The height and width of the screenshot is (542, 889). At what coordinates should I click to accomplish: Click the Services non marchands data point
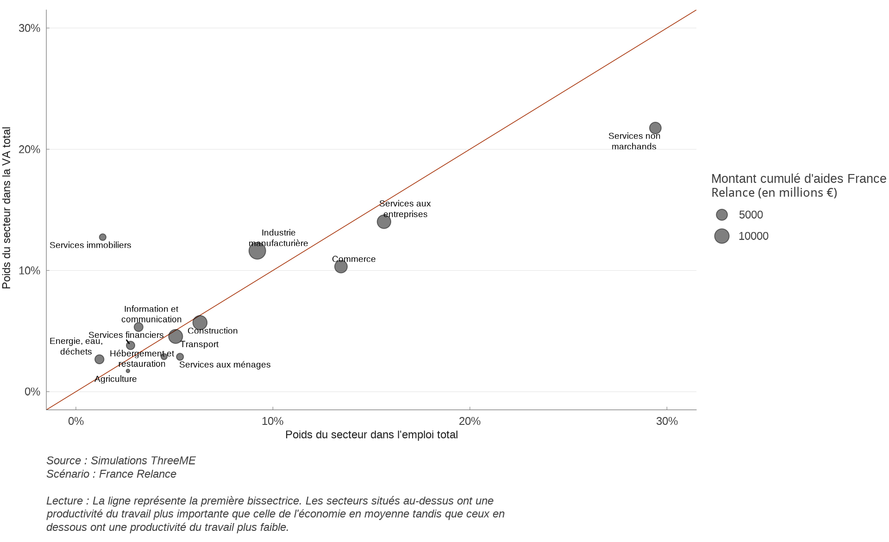click(655, 128)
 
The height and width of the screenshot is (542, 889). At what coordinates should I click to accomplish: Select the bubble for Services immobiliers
click(103, 237)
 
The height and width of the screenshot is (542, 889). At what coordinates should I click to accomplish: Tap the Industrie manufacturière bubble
click(257, 251)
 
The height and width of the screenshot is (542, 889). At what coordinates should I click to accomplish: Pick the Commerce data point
click(341, 267)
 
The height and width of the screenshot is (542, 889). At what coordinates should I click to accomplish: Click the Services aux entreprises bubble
click(384, 222)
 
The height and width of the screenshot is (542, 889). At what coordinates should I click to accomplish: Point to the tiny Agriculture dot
click(128, 371)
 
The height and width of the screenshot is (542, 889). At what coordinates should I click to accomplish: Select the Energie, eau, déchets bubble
click(100, 359)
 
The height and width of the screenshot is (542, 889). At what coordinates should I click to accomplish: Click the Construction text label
click(213, 331)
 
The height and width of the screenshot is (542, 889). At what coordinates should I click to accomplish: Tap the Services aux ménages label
click(225, 365)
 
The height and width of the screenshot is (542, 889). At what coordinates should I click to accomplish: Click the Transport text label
click(199, 344)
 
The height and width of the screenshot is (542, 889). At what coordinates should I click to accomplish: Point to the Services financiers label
click(126, 335)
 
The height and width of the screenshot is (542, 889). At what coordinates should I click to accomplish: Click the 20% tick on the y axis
click(30, 150)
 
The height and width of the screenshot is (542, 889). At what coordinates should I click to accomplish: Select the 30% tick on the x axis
click(667, 421)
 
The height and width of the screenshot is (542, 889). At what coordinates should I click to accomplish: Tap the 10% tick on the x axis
click(273, 421)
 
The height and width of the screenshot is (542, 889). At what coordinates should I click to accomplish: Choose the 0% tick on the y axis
click(32, 392)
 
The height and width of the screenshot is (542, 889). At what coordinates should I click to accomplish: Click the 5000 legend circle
click(722, 215)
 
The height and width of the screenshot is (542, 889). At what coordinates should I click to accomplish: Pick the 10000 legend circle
click(722, 236)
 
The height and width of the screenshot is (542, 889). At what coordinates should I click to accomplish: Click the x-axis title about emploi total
click(371, 435)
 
